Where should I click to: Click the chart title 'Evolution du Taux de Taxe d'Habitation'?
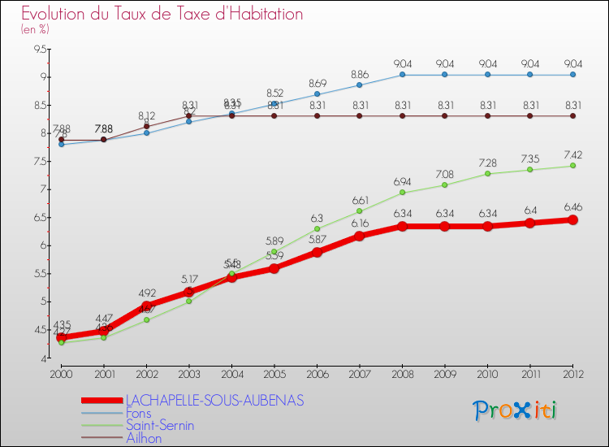click(162, 15)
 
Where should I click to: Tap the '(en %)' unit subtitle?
click(35, 30)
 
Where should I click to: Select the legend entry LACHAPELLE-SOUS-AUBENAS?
click(214, 400)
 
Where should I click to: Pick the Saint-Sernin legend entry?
click(159, 425)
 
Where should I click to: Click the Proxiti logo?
click(516, 410)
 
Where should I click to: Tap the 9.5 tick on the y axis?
click(39, 50)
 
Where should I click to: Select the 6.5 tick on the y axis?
click(39, 218)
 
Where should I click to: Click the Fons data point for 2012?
click(572, 75)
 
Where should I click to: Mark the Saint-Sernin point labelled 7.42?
click(572, 166)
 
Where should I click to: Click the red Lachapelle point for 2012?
click(572, 219)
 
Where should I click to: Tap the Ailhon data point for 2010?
click(487, 115)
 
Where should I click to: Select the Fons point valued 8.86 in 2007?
click(360, 85)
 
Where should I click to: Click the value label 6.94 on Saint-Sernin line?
click(403, 180)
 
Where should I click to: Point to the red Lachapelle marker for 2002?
click(146, 306)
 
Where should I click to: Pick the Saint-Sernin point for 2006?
click(317, 228)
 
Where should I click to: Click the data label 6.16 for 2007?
click(360, 223)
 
